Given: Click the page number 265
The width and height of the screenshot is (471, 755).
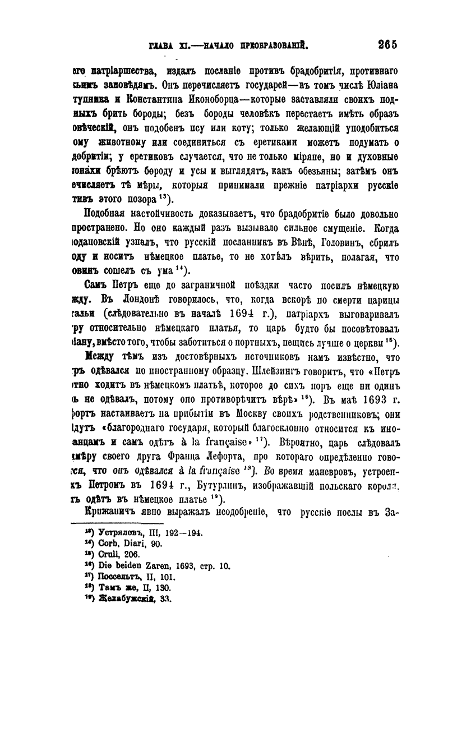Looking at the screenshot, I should pyautogui.click(x=387, y=44).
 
